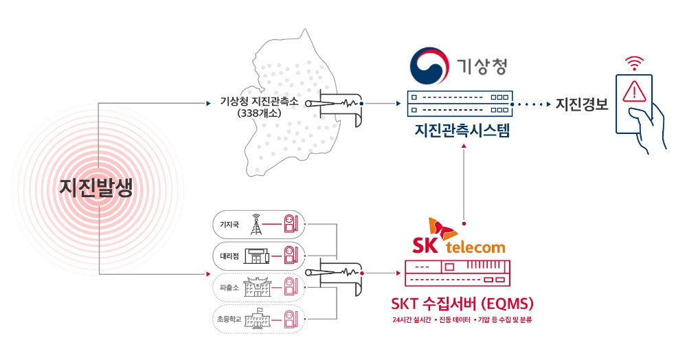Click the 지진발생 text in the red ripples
[95, 188]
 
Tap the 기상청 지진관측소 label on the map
[259, 101]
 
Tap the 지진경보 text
[578, 105]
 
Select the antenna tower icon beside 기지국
[256, 223]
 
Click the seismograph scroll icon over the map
[336, 104]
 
